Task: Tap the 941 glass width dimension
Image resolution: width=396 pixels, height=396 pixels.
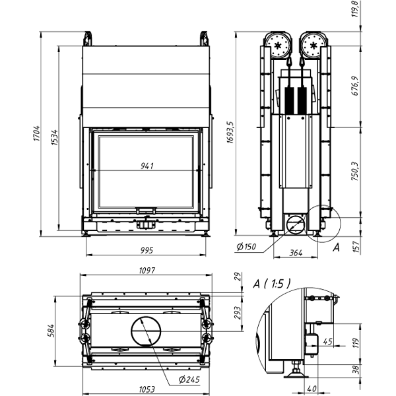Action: coord(147,166)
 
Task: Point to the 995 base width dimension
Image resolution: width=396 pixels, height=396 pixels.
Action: coord(147,249)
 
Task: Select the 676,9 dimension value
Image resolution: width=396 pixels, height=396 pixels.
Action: coord(355,85)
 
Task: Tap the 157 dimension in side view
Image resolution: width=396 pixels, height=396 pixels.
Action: coord(355,247)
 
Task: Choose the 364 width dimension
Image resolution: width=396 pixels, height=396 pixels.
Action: coord(296,253)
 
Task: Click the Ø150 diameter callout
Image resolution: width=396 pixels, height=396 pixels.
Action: coord(246,247)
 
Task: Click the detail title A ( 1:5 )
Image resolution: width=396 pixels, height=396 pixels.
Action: coord(271,284)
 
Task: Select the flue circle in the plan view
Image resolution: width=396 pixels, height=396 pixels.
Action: coord(146,329)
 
